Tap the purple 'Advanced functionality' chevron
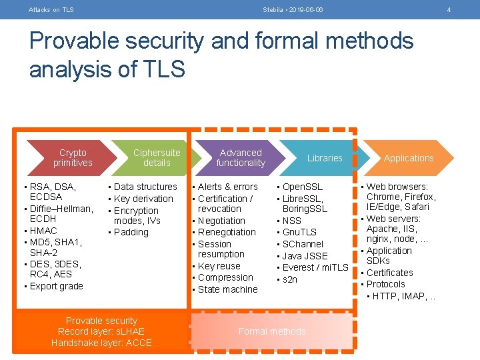coord(241,158)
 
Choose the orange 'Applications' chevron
coord(409,158)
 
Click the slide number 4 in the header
coord(449,9)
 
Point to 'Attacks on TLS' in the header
coord(51,9)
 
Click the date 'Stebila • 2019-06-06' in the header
coord(293,9)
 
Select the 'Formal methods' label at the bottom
coord(272,331)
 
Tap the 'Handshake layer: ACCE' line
coord(101,343)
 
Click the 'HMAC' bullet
coord(43,231)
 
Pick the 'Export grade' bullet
coord(57,286)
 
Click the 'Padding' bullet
coord(131,232)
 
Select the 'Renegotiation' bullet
coord(227,232)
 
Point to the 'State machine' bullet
coord(227,289)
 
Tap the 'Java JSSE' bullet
coord(305,256)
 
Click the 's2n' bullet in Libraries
coord(290,279)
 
